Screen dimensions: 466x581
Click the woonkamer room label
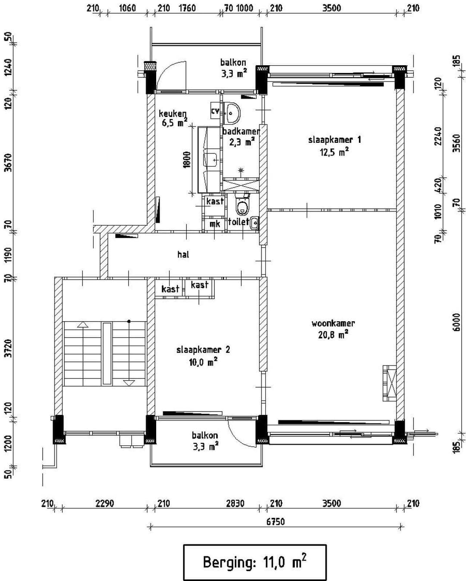[x=333, y=323]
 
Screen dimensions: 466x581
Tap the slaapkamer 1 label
[x=334, y=140]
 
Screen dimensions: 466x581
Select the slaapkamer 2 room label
[x=203, y=350]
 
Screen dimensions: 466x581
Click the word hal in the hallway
[x=183, y=254]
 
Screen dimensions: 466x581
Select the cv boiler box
[x=215, y=111]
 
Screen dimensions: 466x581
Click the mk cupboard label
[x=215, y=224]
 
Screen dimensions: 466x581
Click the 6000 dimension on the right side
[x=456, y=322]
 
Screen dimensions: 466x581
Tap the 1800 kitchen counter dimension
[x=187, y=160]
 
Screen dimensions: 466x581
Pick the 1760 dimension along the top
[x=187, y=8]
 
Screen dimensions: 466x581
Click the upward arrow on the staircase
[x=83, y=324]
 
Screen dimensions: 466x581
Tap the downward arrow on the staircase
[x=129, y=383]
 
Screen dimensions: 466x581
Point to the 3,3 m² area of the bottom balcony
[x=205, y=446]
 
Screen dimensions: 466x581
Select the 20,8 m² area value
[x=333, y=335]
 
